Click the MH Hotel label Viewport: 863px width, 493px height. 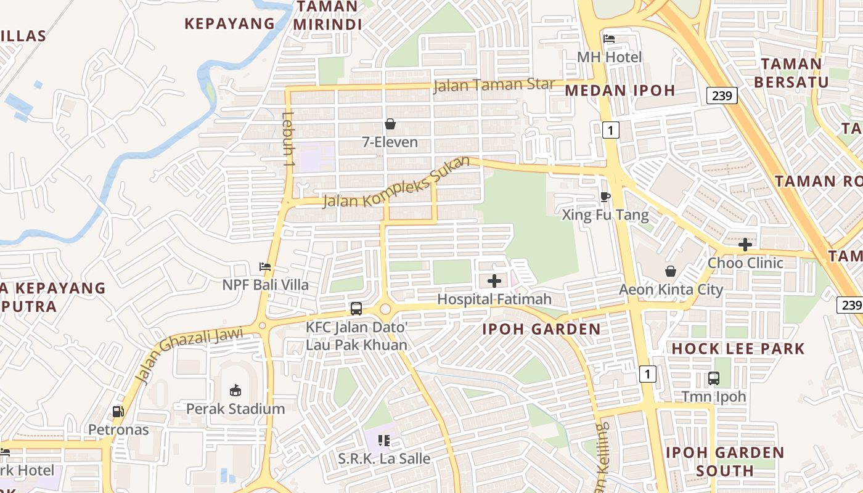coord(609,57)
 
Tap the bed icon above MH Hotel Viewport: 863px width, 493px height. coord(609,39)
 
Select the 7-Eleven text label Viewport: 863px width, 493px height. coord(390,142)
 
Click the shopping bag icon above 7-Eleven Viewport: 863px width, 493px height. coord(390,124)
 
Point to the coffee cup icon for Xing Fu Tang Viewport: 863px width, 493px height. coord(605,197)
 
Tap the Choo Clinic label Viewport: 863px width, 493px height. coord(745,263)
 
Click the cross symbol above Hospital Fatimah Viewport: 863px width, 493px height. coord(494,281)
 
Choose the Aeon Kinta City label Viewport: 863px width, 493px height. coord(671,290)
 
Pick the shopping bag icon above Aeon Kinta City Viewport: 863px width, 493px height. coord(671,271)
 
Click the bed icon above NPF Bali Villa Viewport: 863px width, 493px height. coord(265,267)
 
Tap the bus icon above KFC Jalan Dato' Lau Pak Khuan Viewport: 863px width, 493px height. coord(356,309)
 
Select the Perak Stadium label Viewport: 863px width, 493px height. coord(235,409)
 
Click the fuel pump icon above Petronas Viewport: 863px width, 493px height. coord(118,411)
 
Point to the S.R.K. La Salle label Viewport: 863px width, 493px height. coord(384,459)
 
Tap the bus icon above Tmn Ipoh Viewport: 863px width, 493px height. coord(714,378)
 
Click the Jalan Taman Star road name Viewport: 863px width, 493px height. coord(494,84)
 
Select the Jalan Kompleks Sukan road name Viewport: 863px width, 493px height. coord(396,182)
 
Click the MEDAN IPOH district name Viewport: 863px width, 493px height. coord(620,91)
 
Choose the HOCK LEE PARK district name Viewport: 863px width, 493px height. coord(738,349)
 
